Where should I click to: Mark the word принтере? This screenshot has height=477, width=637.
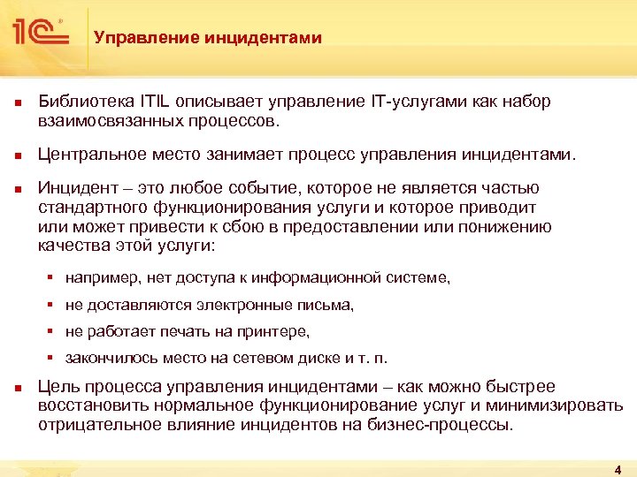(x=273, y=332)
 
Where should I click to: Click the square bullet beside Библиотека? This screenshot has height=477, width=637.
(x=18, y=102)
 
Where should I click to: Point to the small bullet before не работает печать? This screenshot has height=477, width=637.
(x=52, y=332)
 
